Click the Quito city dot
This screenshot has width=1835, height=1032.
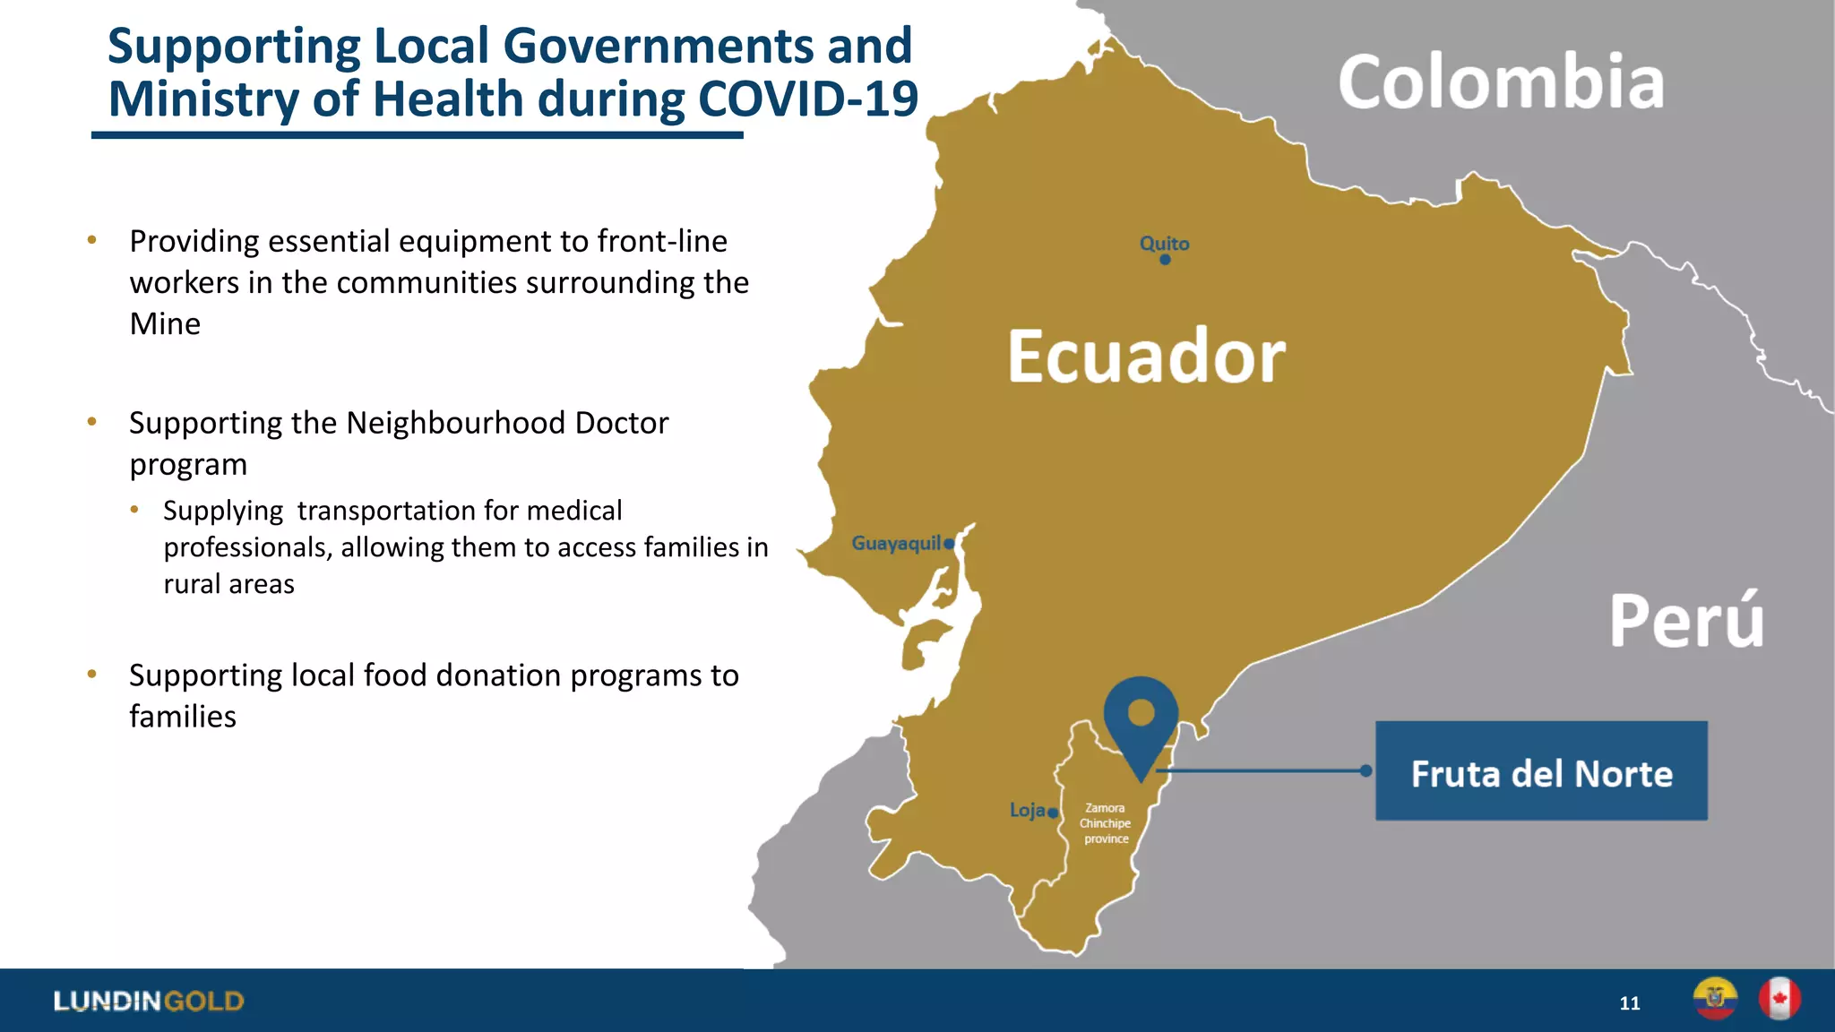tap(1165, 260)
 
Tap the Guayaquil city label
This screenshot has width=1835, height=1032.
tap(895, 543)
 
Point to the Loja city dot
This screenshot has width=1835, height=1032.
tap(1053, 813)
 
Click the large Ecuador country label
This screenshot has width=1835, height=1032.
tap(1146, 357)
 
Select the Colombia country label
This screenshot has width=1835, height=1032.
tap(1501, 82)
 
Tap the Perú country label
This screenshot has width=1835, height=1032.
tap(1686, 621)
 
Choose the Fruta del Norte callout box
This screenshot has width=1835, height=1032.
tap(1541, 771)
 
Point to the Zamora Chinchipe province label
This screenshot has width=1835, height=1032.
tap(1106, 823)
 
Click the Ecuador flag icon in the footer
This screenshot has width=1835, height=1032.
tap(1715, 999)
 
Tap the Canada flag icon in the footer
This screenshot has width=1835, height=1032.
tap(1779, 999)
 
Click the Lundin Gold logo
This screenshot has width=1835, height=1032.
tap(148, 1001)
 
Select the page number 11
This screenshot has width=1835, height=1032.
tap(1630, 1003)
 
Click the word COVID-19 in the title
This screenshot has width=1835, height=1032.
tap(807, 99)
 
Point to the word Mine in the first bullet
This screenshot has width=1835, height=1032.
tap(165, 323)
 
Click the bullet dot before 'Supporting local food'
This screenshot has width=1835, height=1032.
tap(91, 674)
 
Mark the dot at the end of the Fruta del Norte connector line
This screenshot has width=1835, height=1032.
tap(1365, 770)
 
